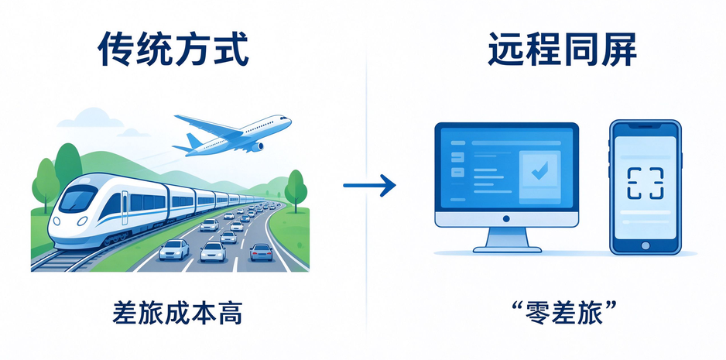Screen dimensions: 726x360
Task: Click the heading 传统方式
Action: click(173, 50)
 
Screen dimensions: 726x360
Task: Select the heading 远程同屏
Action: click(562, 50)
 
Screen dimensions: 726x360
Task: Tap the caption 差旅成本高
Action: click(177, 314)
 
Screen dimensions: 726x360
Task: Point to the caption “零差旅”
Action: click(562, 314)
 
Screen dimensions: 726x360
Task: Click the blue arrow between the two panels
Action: click(369, 185)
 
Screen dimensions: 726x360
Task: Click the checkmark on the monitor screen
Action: click(539, 170)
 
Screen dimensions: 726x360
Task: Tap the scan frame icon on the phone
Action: click(645, 184)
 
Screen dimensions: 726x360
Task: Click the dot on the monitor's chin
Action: click(506, 218)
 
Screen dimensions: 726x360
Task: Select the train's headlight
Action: click(82, 221)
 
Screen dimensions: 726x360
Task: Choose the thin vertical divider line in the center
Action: click(366, 180)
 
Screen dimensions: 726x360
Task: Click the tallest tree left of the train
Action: click(68, 166)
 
